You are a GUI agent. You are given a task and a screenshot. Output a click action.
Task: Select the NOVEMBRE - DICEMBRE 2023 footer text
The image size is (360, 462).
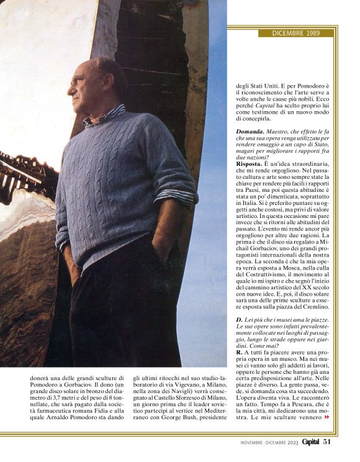pyautogui.click(x=269, y=443)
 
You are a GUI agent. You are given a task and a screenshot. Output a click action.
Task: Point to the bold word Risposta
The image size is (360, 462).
pyautogui.click(x=251, y=164)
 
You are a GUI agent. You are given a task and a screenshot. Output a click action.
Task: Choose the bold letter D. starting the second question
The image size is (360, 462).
pyautogui.click(x=238, y=321)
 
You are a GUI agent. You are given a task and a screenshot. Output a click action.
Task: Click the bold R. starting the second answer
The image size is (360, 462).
pyautogui.click(x=238, y=353)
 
